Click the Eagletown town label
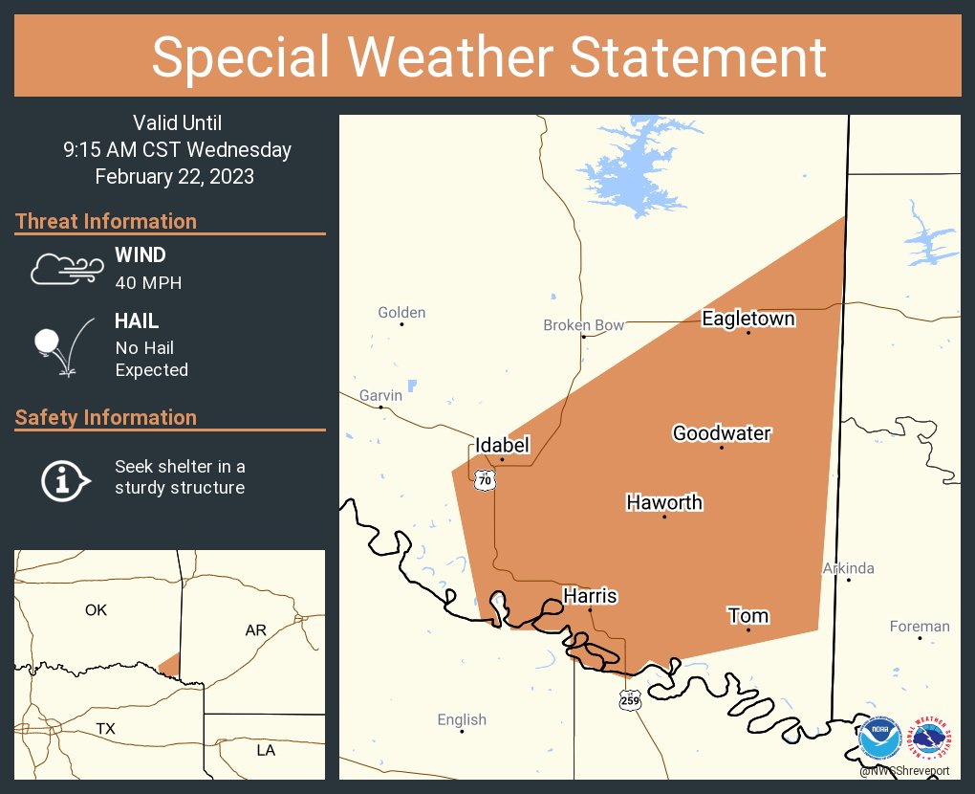pyautogui.click(x=747, y=319)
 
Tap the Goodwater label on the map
pyautogui.click(x=721, y=433)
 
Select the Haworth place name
pyautogui.click(x=663, y=502)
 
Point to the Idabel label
pyautogui.click(x=502, y=445)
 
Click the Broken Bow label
pyautogui.click(x=583, y=325)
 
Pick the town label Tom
pyautogui.click(x=747, y=615)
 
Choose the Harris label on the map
pyautogui.click(x=589, y=596)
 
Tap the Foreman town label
pyautogui.click(x=919, y=627)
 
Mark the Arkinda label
pyautogui.click(x=848, y=568)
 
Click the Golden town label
pyautogui.click(x=401, y=312)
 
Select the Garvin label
pyautogui.click(x=380, y=395)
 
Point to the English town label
pyautogui.click(x=462, y=719)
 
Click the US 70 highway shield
pyautogui.click(x=486, y=480)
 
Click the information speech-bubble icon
pyautogui.click(x=64, y=479)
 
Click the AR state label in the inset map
pyautogui.click(x=255, y=630)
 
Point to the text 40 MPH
pyautogui.click(x=148, y=283)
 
